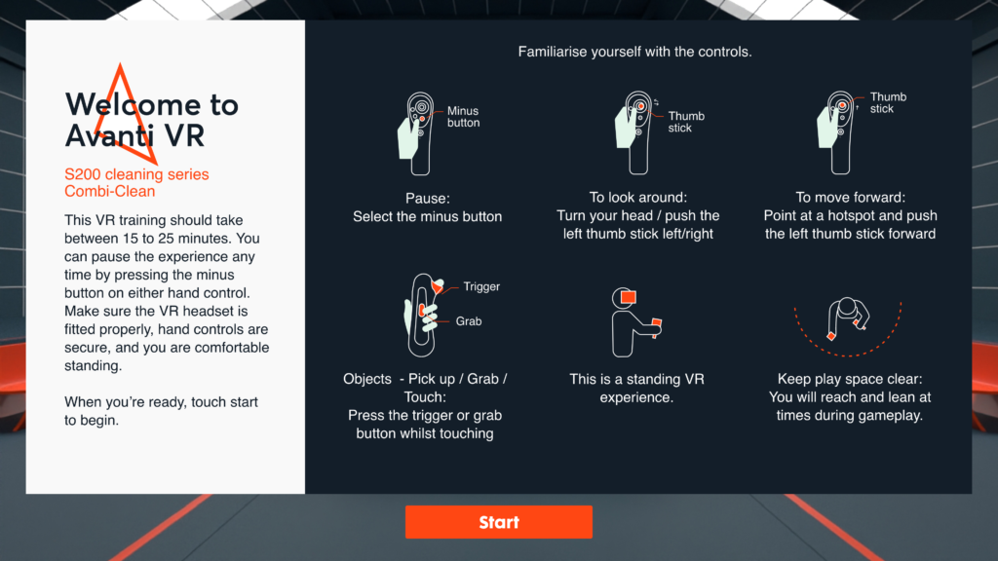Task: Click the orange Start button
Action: (498, 522)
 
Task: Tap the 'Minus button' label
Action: (463, 117)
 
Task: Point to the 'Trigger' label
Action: (481, 287)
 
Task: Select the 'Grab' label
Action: (469, 321)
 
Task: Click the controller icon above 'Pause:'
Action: (416, 133)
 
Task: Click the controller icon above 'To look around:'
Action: (633, 132)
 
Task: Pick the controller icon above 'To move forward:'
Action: (836, 132)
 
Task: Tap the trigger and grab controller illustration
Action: (424, 315)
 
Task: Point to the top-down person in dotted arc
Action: (848, 318)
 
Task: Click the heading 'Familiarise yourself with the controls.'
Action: (634, 52)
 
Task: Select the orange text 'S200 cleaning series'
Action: (136, 174)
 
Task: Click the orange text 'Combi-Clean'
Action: (109, 192)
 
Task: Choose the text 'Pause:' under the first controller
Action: (427, 199)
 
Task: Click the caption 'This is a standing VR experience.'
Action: (636, 388)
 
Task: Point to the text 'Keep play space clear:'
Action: (850, 379)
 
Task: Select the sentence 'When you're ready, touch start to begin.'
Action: (161, 411)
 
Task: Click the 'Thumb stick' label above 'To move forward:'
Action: (888, 103)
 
